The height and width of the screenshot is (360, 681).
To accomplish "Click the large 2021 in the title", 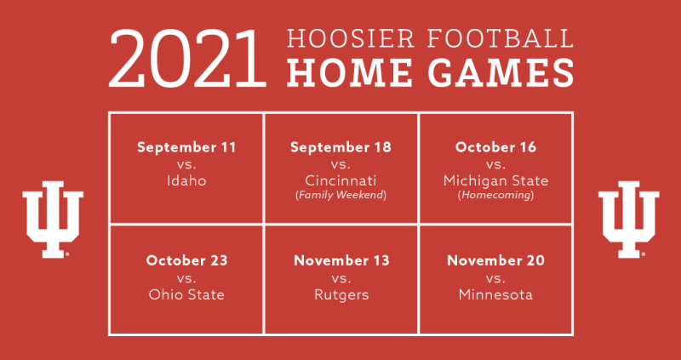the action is pos(187,59).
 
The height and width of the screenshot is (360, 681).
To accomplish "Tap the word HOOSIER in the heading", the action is pos(352,39).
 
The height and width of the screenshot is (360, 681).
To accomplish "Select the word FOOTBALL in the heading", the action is pos(501,39).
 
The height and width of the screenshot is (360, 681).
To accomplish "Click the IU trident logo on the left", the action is pos(53,220).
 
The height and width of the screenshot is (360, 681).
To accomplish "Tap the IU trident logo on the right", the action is pos(628,220).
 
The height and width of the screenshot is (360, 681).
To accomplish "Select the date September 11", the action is pos(186,147).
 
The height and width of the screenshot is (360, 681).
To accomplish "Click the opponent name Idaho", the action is pos(186,180).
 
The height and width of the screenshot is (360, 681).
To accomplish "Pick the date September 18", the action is pos(341,147).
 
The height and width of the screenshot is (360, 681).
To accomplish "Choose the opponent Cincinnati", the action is pos(341,180).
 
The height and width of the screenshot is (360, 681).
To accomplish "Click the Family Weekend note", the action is pos(341,196).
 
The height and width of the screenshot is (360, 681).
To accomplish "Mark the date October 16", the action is pos(495,147).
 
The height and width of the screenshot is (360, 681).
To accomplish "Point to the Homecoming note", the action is pos(495,196).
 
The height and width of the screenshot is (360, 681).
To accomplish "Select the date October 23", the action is pos(186,260).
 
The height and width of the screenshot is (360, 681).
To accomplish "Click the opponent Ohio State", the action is pos(186,294).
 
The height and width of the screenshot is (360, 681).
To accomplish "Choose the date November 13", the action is pos(341,260).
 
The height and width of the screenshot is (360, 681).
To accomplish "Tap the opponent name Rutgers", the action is pos(341,295).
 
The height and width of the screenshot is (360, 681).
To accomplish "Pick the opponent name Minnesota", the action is pos(495,294).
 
